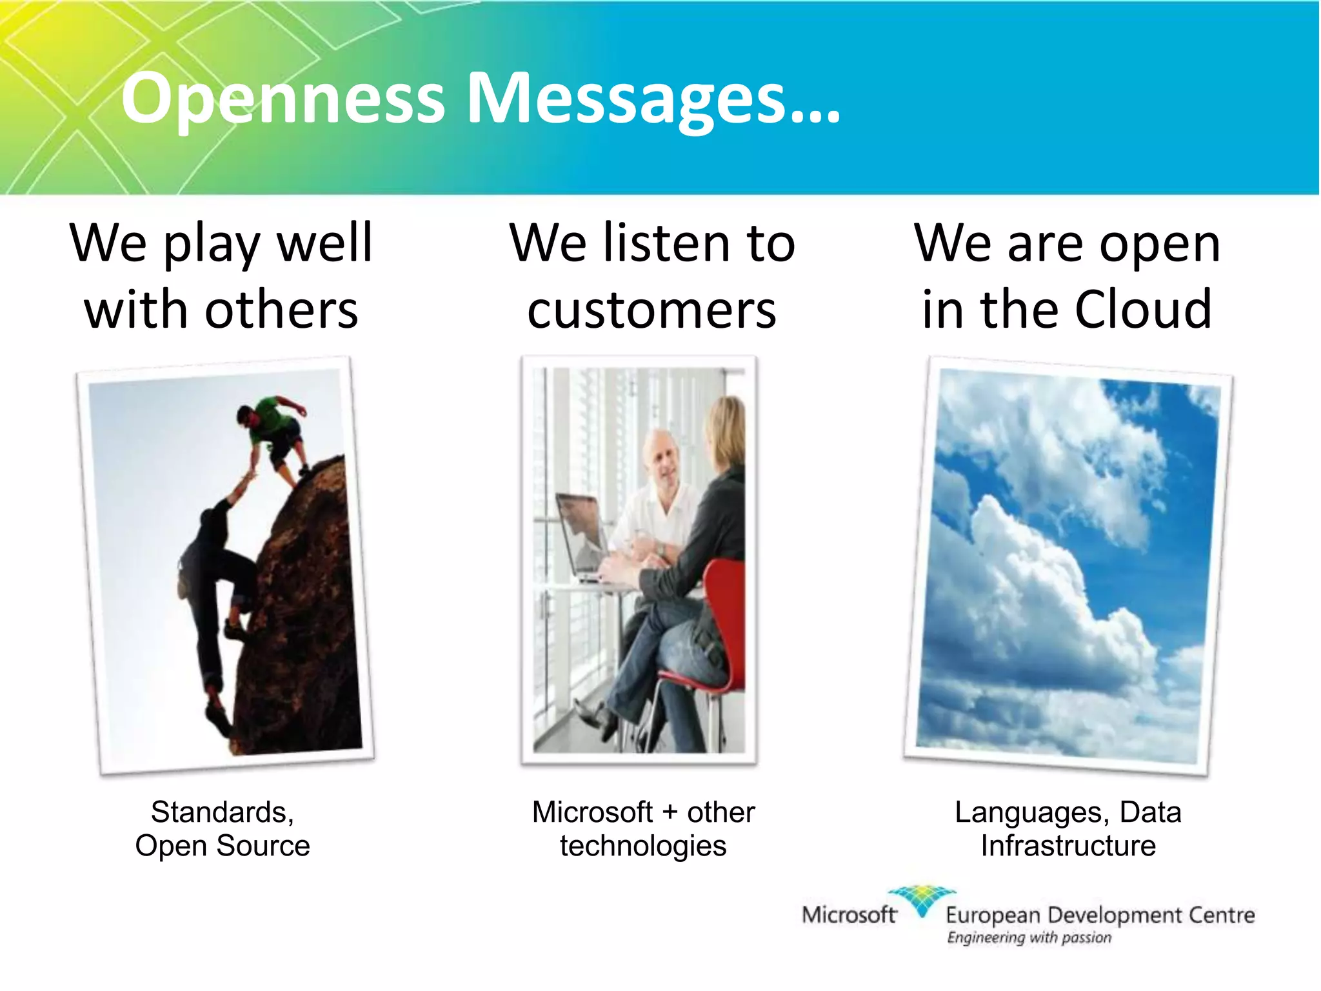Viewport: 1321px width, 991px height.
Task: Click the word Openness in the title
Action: (x=283, y=99)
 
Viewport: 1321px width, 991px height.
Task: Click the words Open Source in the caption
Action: (x=223, y=846)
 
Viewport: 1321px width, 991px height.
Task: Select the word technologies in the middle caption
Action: (x=643, y=846)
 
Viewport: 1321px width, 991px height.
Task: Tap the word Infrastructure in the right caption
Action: (x=1068, y=846)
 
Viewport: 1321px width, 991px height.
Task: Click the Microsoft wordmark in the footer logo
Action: (x=848, y=915)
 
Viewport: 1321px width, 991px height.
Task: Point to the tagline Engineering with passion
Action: (x=1029, y=937)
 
